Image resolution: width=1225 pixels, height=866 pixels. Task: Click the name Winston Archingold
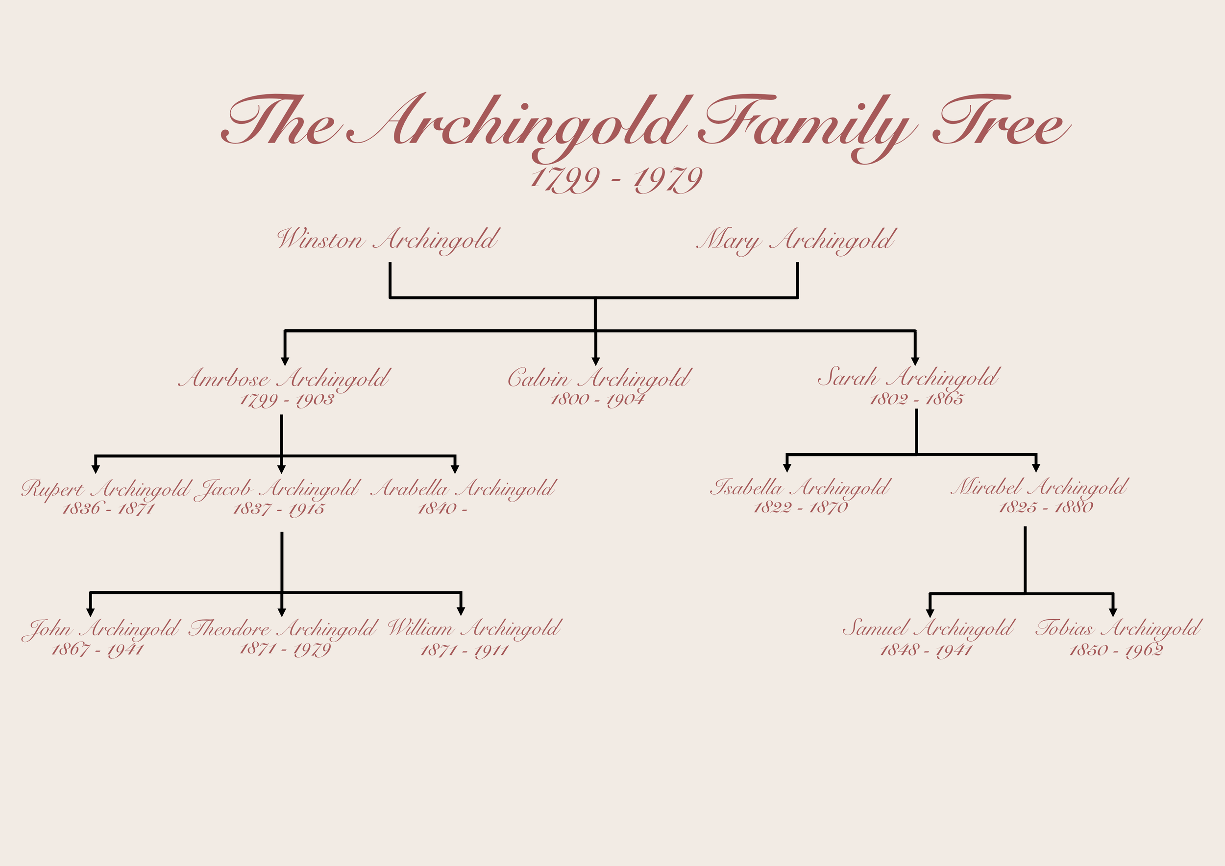coord(388,240)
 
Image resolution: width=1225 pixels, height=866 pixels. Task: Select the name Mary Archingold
coord(796,240)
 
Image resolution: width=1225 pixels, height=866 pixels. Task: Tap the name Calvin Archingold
coord(599,378)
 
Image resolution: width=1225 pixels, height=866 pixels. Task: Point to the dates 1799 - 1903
coord(287,399)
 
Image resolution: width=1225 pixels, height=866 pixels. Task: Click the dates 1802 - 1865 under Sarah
coord(917,399)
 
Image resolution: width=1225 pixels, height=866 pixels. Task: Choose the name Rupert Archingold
coord(106,488)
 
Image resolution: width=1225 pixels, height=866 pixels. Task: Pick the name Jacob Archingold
coord(277,488)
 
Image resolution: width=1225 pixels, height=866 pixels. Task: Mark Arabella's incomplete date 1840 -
coord(442,508)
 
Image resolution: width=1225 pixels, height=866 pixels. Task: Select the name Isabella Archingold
coord(800,487)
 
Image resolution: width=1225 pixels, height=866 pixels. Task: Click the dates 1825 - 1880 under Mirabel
coord(1046,506)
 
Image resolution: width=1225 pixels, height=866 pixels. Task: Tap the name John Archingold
coord(101,629)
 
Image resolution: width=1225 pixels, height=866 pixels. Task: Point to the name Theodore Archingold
coord(283,629)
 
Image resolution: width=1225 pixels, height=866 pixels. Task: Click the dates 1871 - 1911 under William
coord(464,650)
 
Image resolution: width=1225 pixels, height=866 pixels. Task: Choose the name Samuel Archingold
coord(929,627)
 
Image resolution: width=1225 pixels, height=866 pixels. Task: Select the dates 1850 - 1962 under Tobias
coord(1116,650)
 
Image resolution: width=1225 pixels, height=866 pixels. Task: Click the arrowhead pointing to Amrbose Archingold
coord(285,361)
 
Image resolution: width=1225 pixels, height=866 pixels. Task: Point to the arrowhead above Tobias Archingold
coord(1113,612)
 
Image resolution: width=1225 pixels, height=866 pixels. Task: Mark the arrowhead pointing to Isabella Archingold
coord(787,468)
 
